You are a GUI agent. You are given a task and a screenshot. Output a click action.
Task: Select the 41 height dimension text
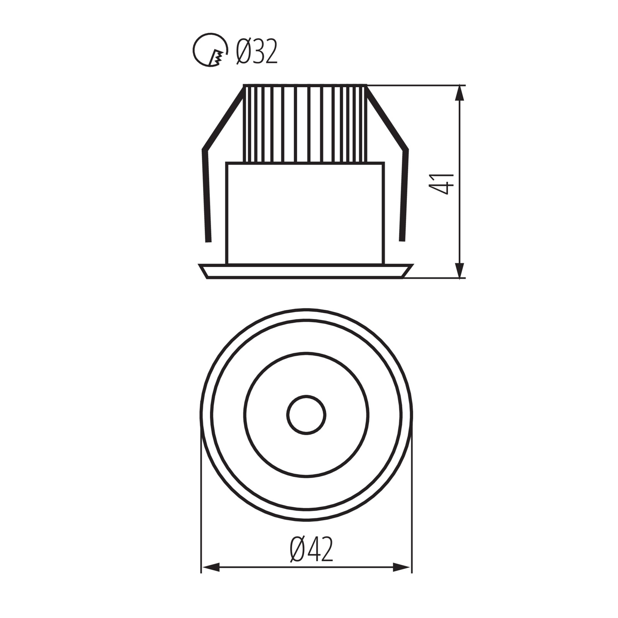[441, 184]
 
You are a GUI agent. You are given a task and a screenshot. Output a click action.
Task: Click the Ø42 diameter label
[312, 550]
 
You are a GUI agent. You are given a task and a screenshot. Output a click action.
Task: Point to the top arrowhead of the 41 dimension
[460, 93]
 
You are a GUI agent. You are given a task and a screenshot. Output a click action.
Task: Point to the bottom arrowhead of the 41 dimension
[460, 270]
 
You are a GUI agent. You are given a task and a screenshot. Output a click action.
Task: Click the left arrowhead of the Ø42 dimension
[210, 567]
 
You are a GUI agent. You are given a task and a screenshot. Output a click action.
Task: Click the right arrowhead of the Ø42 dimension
[402, 567]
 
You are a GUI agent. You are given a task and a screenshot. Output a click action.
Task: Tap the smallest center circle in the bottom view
[306, 415]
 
